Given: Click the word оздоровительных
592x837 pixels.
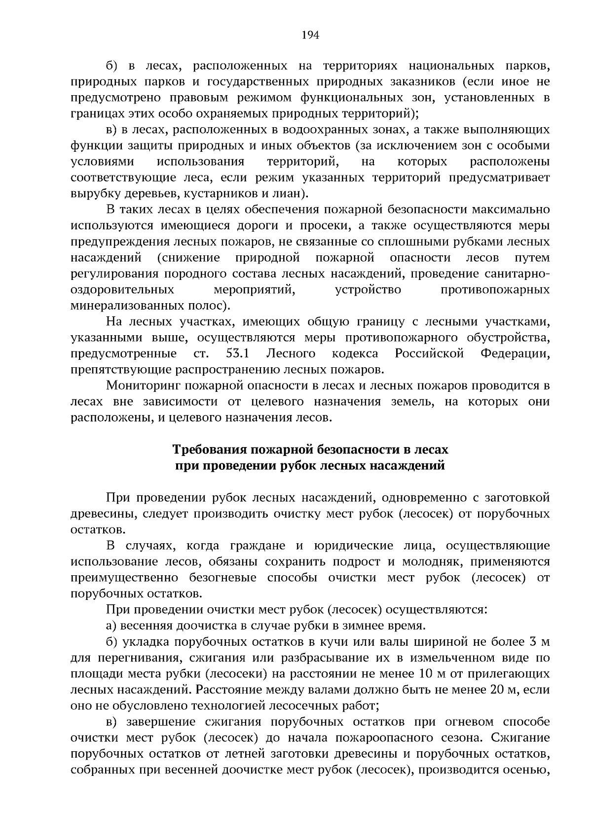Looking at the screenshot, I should (122, 290).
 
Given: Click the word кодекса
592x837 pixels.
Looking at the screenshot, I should (355, 353).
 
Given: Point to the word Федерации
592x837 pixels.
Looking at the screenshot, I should (515, 353).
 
